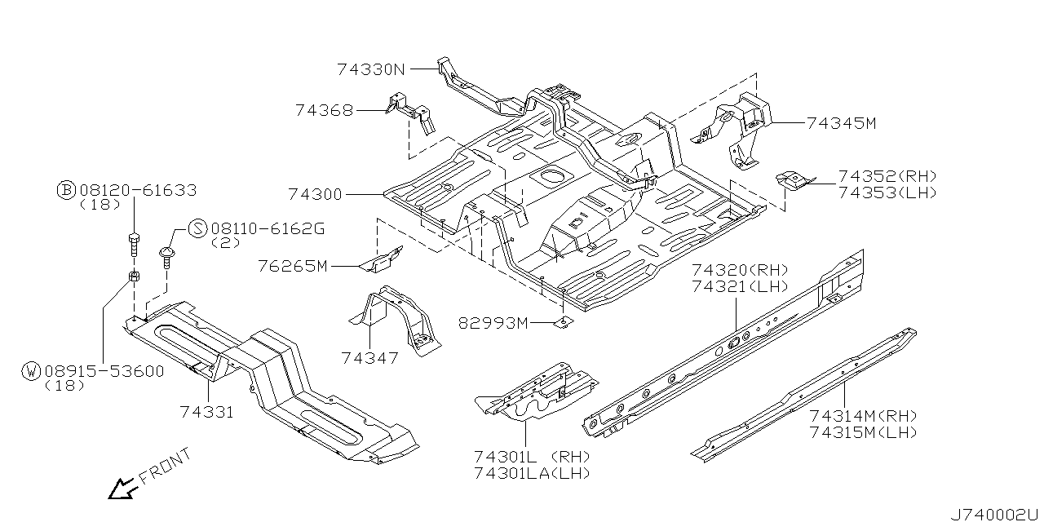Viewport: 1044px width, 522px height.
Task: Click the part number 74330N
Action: tap(370, 70)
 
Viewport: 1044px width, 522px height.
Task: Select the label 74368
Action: tap(324, 111)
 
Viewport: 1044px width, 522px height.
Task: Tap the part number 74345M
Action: tap(841, 124)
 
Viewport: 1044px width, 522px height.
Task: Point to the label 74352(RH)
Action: tap(887, 177)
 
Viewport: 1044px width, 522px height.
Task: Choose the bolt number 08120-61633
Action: tap(138, 190)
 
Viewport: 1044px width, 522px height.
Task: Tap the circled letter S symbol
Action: tap(197, 228)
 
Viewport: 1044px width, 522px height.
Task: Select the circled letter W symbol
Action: tap(31, 371)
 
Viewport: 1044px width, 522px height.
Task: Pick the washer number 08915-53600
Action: tap(104, 371)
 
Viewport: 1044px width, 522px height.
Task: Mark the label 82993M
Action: tap(493, 324)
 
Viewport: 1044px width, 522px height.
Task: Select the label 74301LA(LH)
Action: tap(532, 473)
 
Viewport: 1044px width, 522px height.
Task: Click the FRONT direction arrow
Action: tap(122, 489)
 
